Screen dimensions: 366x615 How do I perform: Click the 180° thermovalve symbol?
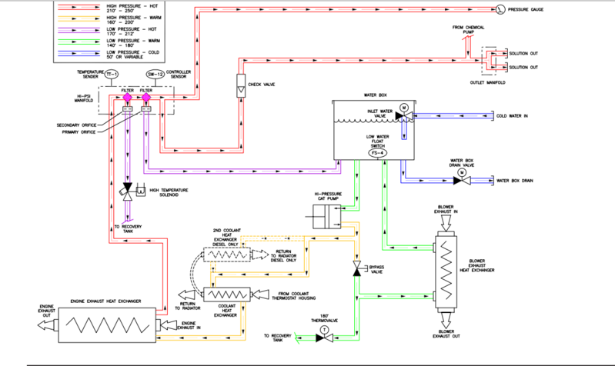click(324, 335)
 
